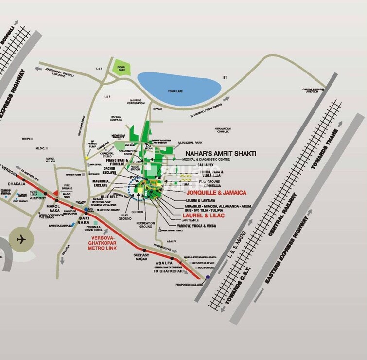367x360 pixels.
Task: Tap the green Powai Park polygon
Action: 120,67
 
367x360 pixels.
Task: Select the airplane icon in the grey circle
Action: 20,239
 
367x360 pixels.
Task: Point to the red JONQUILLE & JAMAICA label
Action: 216,193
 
